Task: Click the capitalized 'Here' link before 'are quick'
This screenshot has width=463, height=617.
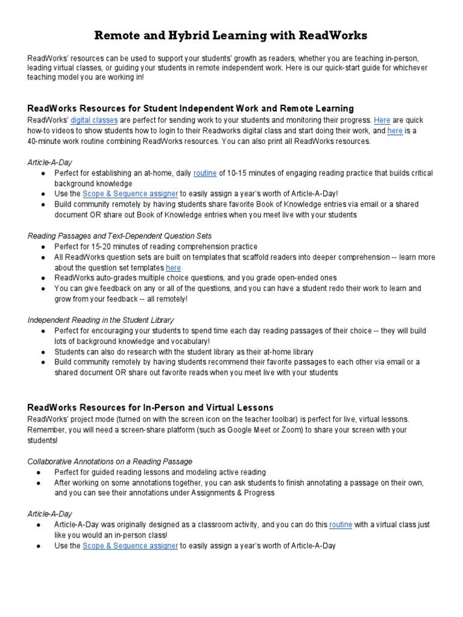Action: [x=382, y=120]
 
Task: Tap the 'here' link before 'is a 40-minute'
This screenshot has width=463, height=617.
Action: [x=395, y=131]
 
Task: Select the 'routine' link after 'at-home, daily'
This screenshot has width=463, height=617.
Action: [x=204, y=173]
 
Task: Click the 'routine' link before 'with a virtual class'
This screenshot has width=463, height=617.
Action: [x=341, y=525]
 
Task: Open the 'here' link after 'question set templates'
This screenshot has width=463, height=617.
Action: [x=173, y=268]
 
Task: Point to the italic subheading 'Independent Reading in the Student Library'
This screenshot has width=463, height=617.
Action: [x=101, y=320]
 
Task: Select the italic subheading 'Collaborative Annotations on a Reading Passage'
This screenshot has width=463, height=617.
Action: [x=110, y=461]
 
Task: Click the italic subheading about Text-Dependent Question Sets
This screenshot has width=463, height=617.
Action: [x=119, y=236]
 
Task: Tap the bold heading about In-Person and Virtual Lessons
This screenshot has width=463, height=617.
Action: [x=151, y=407]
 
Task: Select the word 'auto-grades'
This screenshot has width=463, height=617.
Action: [x=116, y=278]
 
